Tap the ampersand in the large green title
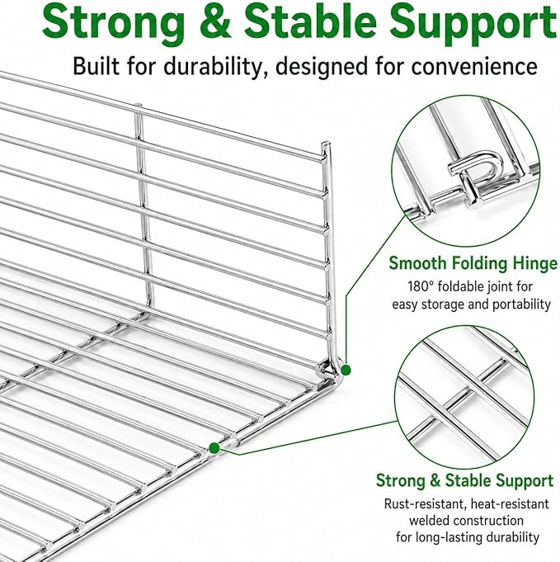point(214,21)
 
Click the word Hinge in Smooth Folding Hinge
point(535,264)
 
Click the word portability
point(522,305)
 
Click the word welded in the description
point(430,521)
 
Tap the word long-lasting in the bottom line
point(449,537)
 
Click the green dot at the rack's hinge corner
point(346,370)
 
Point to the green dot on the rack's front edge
point(214,447)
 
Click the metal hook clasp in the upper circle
point(474,175)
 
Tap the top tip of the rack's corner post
point(326,144)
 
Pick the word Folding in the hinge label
point(479,264)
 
